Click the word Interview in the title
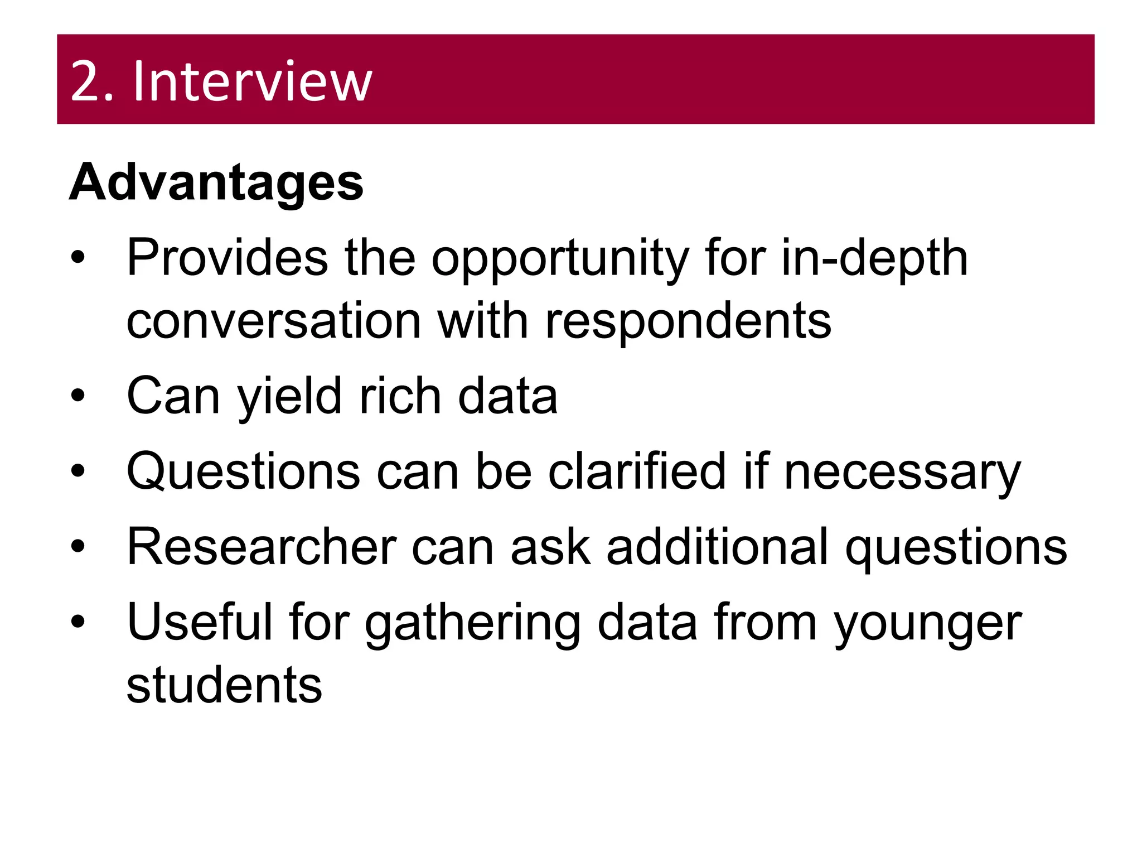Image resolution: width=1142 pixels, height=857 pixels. pos(252,82)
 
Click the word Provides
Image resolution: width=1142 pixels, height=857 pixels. pos(228,258)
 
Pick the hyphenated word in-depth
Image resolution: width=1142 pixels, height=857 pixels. pos(874,258)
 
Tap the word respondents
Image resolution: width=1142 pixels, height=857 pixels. pos(688,322)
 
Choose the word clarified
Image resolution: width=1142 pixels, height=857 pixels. pos(637,471)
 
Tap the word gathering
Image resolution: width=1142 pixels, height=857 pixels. pos(472,624)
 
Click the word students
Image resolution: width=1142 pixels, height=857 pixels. pos(224,685)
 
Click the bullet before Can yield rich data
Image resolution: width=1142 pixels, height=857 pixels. pos(78,396)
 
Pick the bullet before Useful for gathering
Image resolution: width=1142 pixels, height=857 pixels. pos(78,621)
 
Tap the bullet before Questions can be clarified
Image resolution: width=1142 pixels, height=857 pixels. pos(78,471)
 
